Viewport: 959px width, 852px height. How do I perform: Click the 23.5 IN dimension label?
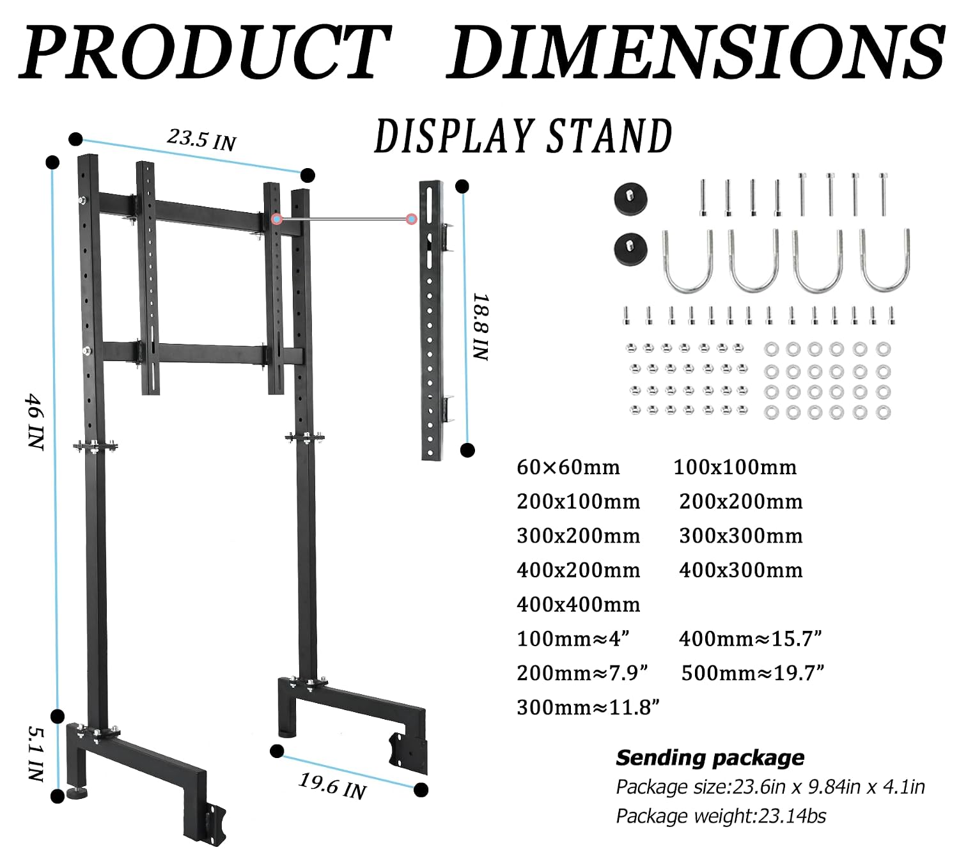(x=201, y=139)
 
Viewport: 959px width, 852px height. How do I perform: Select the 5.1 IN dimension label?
(x=36, y=754)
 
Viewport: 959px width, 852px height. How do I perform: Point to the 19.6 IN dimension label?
(x=332, y=787)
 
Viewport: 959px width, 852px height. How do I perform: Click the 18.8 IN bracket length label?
(x=481, y=327)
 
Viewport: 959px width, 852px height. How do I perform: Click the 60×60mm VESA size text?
(x=568, y=467)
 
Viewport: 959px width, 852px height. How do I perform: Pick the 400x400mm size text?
(x=579, y=605)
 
